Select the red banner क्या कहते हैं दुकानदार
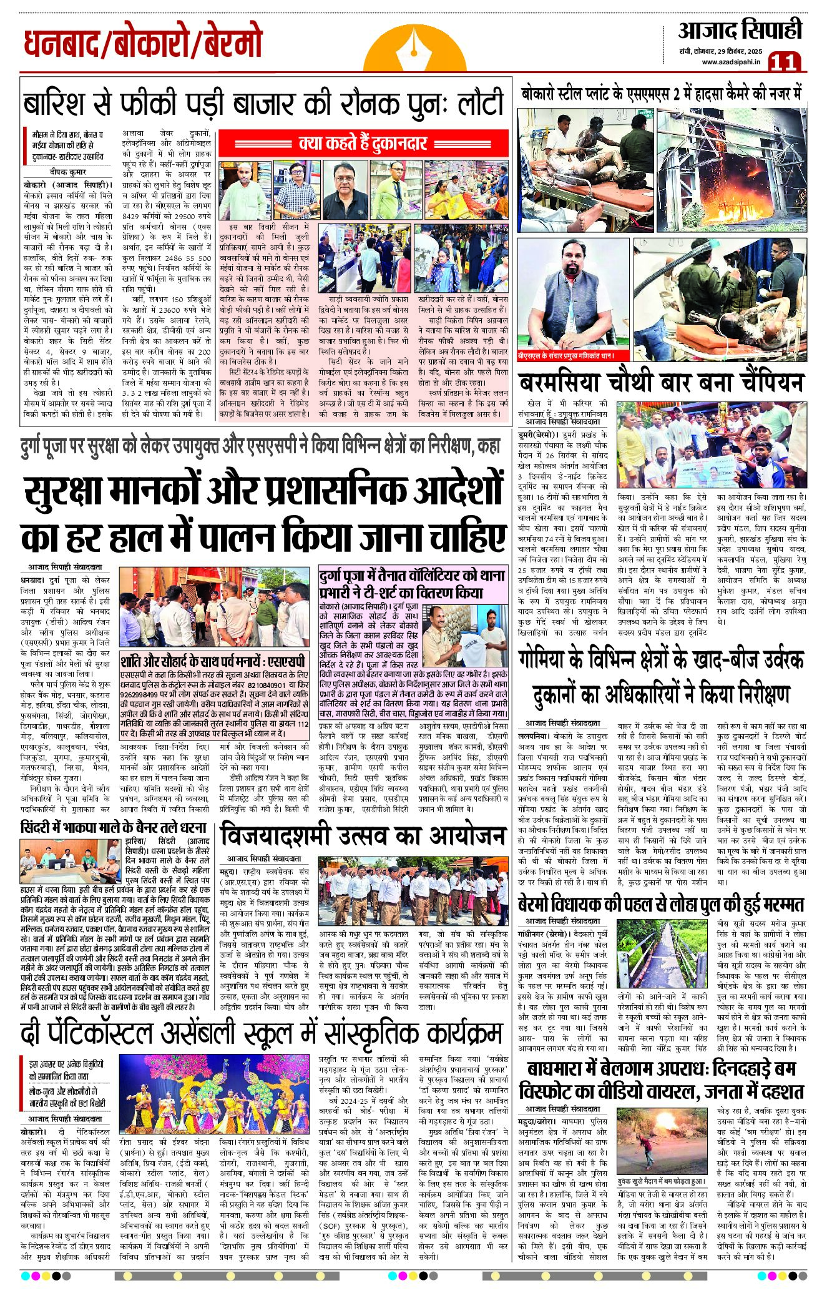coord(363,144)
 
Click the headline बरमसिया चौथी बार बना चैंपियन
coord(661,382)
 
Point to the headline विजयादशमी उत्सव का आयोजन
coord(362,836)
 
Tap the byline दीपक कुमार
coord(68,172)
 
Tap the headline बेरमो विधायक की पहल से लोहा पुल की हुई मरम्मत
coord(661,904)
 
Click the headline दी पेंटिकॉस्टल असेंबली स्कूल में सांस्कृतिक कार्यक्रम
coord(262,1034)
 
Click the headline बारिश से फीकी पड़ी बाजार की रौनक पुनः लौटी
coord(263,103)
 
